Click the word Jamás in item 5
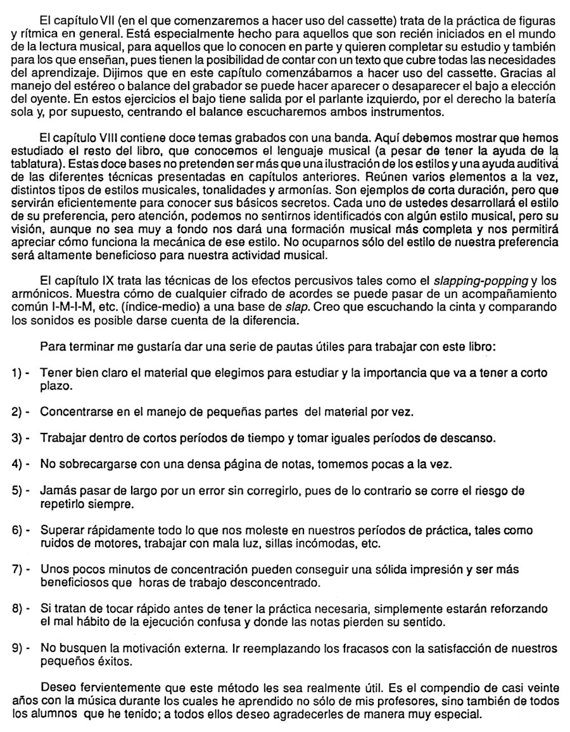click(x=56, y=491)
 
